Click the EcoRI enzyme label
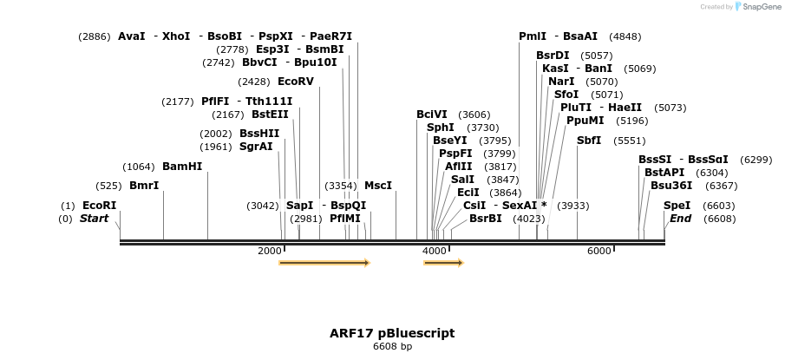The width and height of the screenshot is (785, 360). pyautogui.click(x=99, y=206)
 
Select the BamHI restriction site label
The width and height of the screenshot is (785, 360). pyautogui.click(x=182, y=167)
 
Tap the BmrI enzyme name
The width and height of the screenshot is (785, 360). pyautogui.click(x=144, y=186)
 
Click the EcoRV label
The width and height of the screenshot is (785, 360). pyautogui.click(x=296, y=82)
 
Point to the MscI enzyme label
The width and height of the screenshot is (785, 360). pyautogui.click(x=378, y=186)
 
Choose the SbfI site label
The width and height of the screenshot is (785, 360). pyautogui.click(x=589, y=141)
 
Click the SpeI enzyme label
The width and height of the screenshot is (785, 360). pyautogui.click(x=677, y=206)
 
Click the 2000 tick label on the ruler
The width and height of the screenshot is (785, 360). pyautogui.click(x=270, y=251)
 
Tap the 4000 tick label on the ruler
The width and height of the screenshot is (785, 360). pyautogui.click(x=434, y=251)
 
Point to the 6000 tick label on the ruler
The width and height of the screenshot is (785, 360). pyautogui.click(x=599, y=251)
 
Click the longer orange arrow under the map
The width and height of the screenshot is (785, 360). pyautogui.click(x=324, y=263)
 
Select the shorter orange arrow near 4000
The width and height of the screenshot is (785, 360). pyautogui.click(x=443, y=263)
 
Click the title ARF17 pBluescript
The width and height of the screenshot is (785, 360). pyautogui.click(x=392, y=333)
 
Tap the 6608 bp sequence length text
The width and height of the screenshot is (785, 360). pyautogui.click(x=392, y=347)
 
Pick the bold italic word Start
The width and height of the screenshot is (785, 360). pyautogui.click(x=95, y=219)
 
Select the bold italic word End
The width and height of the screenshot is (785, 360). pyautogui.click(x=680, y=219)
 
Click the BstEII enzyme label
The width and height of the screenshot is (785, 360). pyautogui.click(x=271, y=114)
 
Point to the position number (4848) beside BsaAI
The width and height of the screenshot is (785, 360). pyautogui.click(x=625, y=36)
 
